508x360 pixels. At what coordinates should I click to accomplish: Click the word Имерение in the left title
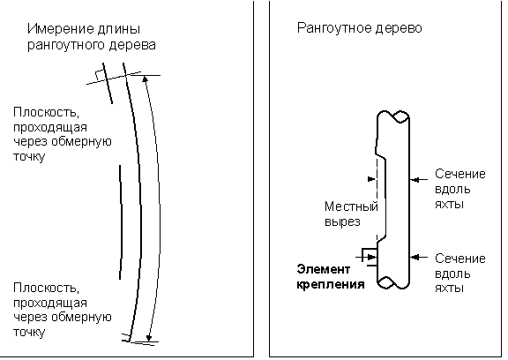pos(56,29)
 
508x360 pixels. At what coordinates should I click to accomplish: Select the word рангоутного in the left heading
pos(66,45)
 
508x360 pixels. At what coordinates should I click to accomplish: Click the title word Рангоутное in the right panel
pos(334,28)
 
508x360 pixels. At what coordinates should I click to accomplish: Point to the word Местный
pos(351,206)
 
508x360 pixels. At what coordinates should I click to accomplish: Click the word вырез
pos(342,222)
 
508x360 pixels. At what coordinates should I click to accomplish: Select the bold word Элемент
pos(324,269)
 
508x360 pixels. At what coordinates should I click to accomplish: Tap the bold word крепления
pos(331,284)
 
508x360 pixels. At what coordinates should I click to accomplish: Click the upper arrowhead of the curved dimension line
pos(146,79)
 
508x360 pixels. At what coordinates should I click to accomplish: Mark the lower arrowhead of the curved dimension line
pos(149,338)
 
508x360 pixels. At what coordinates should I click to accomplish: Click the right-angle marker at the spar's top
pos(99,75)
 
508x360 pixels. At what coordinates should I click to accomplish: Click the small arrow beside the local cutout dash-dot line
pos(371,179)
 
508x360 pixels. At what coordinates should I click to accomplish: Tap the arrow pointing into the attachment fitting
pos(366,258)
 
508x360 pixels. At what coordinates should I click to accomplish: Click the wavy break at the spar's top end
pos(393,116)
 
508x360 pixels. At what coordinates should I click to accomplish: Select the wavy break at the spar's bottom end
pos(393,282)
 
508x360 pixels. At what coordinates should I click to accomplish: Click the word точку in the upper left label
pos(29,156)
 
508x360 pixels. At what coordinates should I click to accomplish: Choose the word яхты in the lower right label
pos(449,288)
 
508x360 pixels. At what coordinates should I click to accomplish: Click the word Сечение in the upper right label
pos(460,174)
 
